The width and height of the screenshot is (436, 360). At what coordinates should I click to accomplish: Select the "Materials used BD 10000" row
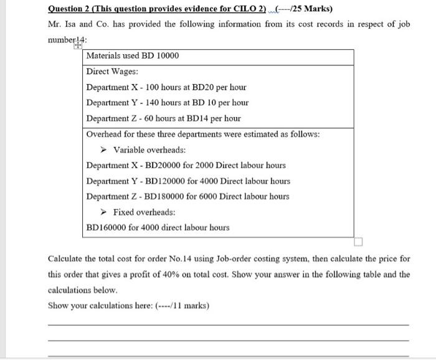(x=132, y=56)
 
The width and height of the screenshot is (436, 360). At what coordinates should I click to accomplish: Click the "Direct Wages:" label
(x=112, y=72)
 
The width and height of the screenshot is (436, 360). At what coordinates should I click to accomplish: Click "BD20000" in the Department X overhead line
(x=169, y=166)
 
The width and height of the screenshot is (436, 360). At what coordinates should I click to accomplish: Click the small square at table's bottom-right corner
(x=358, y=241)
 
